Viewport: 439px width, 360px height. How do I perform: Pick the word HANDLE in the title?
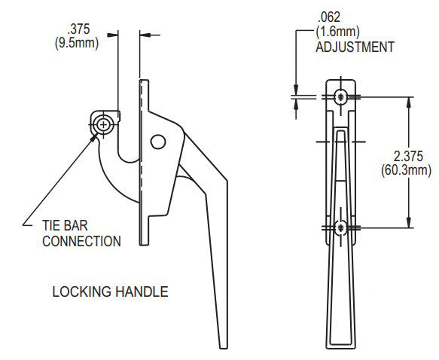click(x=142, y=291)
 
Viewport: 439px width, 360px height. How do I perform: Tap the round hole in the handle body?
click(x=157, y=141)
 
